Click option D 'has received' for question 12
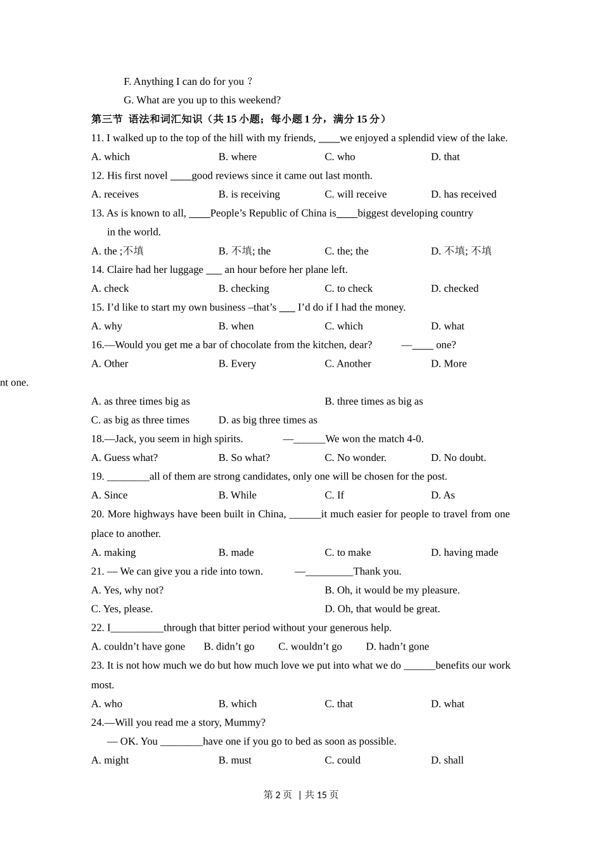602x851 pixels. pos(463,194)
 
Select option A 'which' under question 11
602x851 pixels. pos(110,157)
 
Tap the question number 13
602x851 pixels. pos(97,213)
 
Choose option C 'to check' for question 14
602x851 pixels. pos(349,289)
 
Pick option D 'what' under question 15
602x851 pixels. pos(447,326)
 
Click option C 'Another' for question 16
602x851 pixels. pos(348,364)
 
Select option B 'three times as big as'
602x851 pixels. pos(373,401)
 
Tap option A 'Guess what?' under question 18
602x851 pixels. pos(124,458)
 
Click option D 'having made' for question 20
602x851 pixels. pos(464,553)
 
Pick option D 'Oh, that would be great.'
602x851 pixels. pos(382,609)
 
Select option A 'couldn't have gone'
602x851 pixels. pos(138,646)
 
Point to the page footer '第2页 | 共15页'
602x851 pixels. pos(301,795)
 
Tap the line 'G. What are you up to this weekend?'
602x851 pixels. pos(202,100)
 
